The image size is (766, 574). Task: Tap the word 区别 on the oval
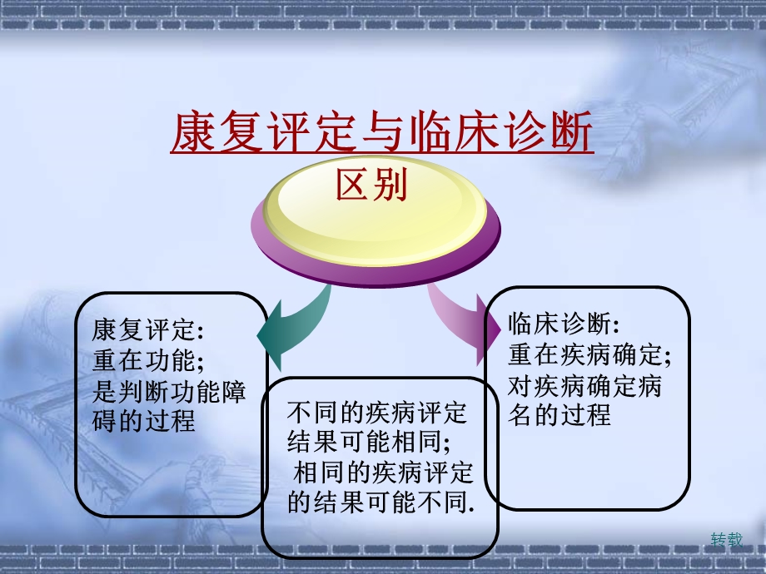tap(371, 186)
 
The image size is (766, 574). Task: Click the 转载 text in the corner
tap(726, 539)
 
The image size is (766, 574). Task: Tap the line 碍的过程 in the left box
tap(143, 421)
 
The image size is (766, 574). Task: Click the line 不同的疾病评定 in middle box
tap(377, 412)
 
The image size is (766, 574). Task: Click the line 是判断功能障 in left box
tap(169, 391)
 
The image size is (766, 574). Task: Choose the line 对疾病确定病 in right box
tap(585, 385)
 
